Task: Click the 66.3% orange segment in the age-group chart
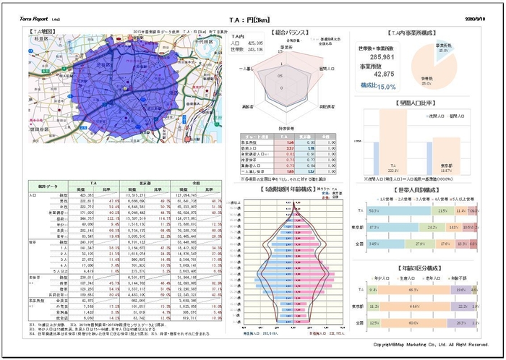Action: tap(414, 289)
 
